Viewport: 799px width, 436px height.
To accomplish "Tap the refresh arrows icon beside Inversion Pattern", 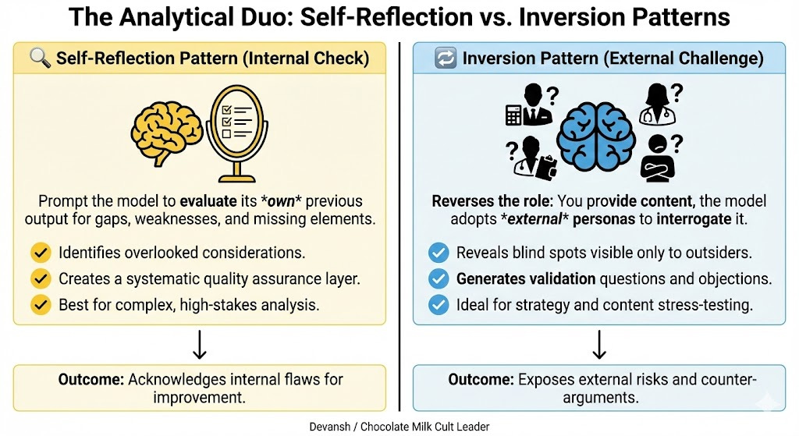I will (x=445, y=59).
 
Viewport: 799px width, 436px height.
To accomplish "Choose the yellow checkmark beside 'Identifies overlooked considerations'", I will (x=40, y=253).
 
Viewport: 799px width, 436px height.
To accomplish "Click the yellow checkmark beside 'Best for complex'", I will (x=40, y=304).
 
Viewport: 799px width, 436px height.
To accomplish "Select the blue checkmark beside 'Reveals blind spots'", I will (x=439, y=253).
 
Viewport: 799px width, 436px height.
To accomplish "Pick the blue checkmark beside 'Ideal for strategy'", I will (x=439, y=304).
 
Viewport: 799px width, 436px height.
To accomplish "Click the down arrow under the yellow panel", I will (x=199, y=344).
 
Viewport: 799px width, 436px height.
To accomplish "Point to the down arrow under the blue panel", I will (x=598, y=344).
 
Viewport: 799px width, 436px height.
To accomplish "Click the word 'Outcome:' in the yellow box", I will (x=91, y=380).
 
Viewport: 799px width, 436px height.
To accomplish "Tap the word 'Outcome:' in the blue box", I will (x=480, y=380).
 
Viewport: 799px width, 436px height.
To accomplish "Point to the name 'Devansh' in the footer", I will (x=332, y=426).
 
